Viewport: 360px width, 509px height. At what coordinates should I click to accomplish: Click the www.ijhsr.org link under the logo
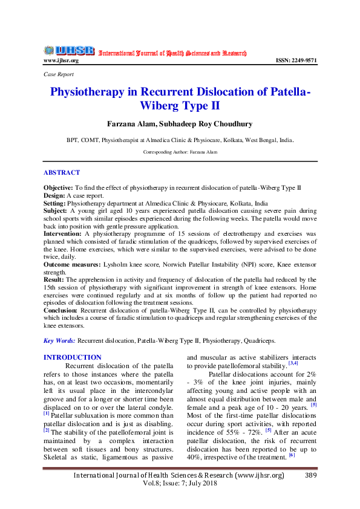[61, 60]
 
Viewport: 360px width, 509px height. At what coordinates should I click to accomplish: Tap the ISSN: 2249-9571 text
[296, 60]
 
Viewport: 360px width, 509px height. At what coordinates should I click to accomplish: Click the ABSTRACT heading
[62, 173]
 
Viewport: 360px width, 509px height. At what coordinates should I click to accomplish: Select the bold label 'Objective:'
[59, 189]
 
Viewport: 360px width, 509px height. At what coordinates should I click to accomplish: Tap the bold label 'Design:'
[56, 196]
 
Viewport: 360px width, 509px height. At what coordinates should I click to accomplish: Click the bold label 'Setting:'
[56, 203]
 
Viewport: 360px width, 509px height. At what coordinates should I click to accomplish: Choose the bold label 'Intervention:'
[62, 233]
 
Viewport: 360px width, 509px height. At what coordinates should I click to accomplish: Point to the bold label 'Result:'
[54, 280]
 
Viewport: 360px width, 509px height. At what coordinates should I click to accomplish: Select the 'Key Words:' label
[60, 341]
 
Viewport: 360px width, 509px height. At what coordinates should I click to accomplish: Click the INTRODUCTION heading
[73, 357]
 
